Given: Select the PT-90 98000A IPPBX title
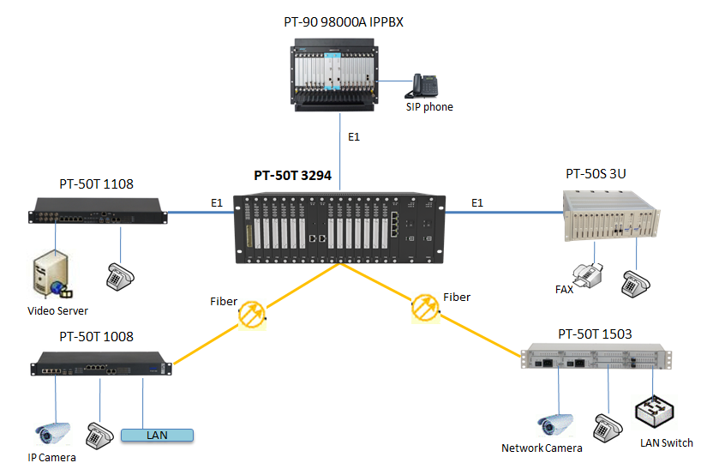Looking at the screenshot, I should [x=343, y=22].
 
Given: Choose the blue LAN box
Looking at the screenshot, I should [x=157, y=435].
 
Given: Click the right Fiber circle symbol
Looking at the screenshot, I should [x=424, y=308].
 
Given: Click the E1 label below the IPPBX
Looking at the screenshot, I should [x=354, y=137].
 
